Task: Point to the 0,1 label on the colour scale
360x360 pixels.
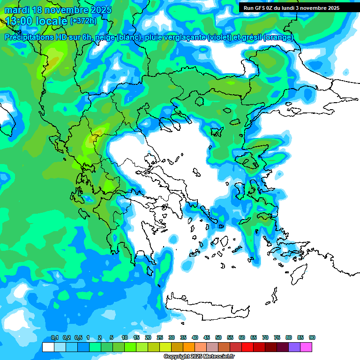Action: (54, 338)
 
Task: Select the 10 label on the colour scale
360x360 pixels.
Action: (124, 338)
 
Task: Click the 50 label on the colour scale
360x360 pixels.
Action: (218, 338)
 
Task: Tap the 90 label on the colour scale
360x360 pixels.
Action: (312, 338)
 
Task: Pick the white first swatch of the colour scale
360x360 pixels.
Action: (48, 347)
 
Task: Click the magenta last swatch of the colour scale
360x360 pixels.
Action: (306, 347)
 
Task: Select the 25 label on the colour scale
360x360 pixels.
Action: (160, 338)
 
